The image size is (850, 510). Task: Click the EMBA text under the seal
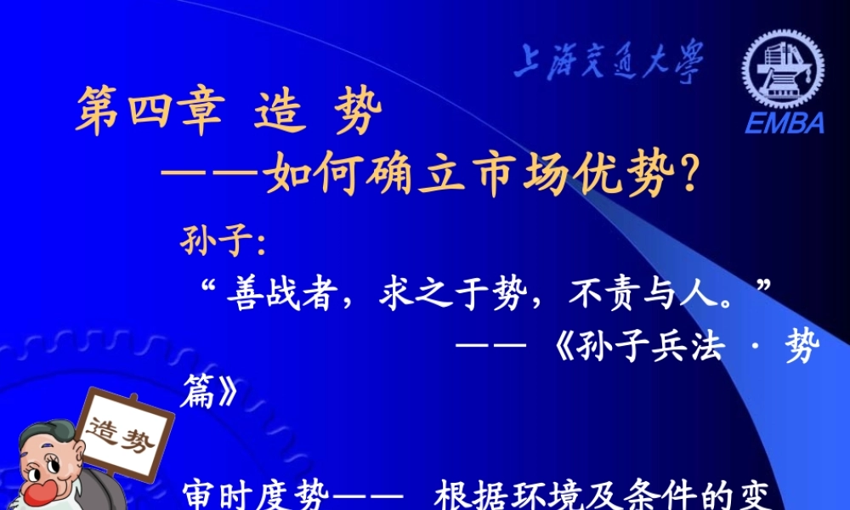[785, 122]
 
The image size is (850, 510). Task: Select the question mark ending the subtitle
[689, 177]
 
